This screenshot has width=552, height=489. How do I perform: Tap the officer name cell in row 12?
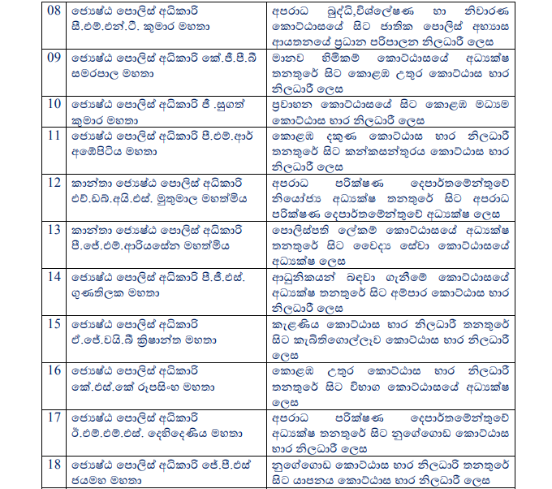166,189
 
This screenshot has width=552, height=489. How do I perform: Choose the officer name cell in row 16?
166,377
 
